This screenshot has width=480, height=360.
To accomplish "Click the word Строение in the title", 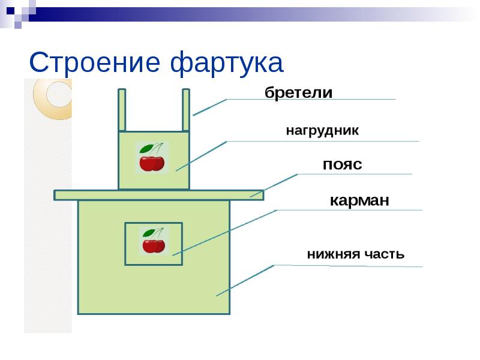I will click(95, 63).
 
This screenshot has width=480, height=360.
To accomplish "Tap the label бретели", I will click(298, 93).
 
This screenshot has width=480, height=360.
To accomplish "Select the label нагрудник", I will click(322, 131).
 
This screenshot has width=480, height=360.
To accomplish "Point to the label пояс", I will click(342, 164).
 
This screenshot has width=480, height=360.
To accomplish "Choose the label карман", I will click(359, 200).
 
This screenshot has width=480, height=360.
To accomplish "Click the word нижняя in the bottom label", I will click(332, 254).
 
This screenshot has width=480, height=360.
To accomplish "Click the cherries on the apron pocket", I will click(154, 245).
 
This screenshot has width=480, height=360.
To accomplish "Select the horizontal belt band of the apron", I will click(158, 195).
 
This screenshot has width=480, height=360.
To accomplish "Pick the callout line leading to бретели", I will click(209, 107).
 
